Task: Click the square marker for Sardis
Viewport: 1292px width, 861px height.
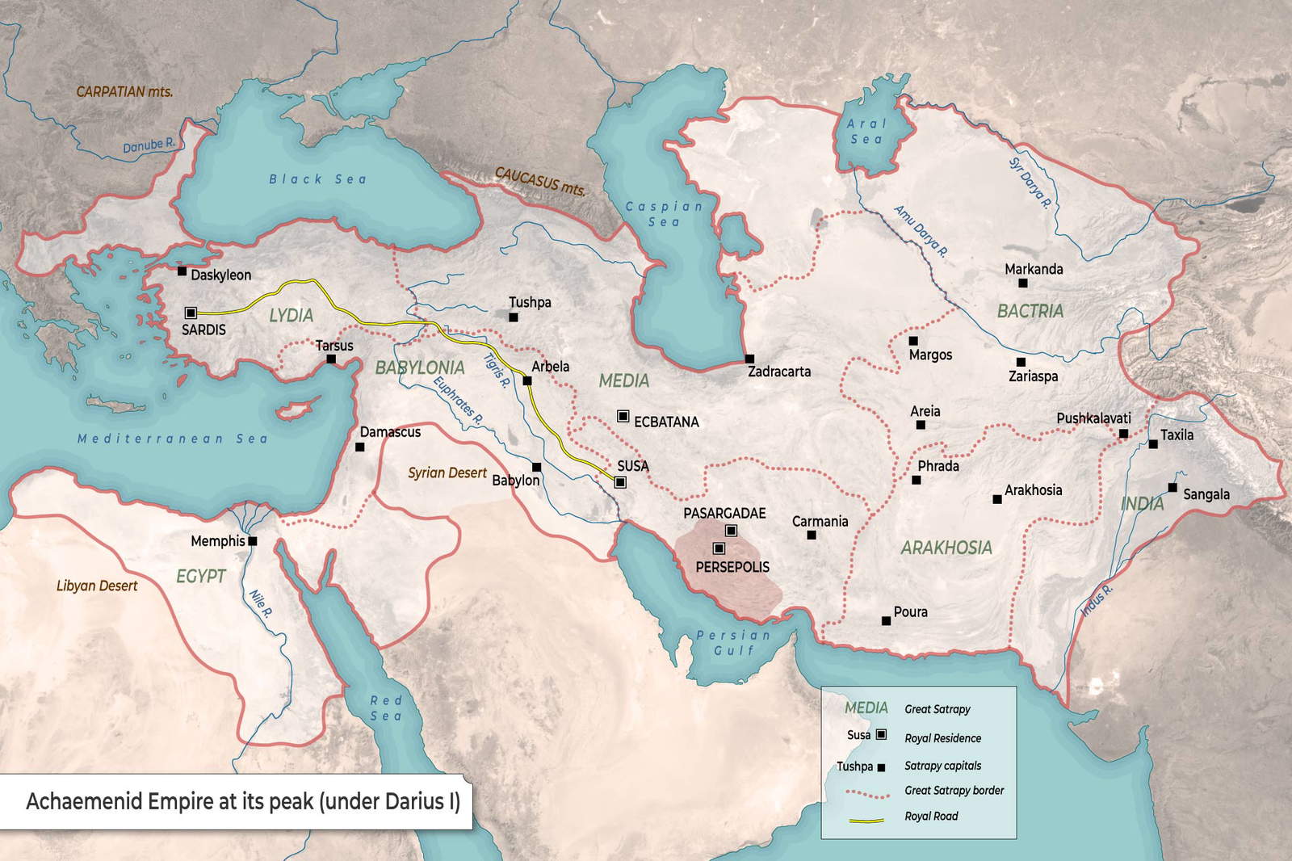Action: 191,313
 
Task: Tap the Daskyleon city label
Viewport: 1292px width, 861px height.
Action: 220,275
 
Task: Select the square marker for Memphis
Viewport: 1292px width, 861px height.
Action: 253,541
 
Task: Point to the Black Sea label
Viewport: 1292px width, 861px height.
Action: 317,179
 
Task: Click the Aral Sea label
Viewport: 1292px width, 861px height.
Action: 866,132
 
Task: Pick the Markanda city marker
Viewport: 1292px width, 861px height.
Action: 1023,283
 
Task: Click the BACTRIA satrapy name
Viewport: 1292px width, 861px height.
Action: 1030,311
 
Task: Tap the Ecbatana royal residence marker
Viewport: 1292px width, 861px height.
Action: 623,416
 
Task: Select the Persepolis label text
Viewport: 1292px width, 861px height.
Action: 732,568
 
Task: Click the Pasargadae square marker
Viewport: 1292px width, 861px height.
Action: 731,531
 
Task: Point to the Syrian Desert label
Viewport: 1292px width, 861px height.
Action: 447,473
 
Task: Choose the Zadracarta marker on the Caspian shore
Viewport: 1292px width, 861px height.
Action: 749,359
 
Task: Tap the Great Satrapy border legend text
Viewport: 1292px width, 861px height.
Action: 954,791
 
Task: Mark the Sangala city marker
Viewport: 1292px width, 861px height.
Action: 1172,487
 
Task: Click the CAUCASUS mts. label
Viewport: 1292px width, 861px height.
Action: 539,183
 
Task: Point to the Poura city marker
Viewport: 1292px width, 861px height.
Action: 886,621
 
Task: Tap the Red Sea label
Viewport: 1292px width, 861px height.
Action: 386,708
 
